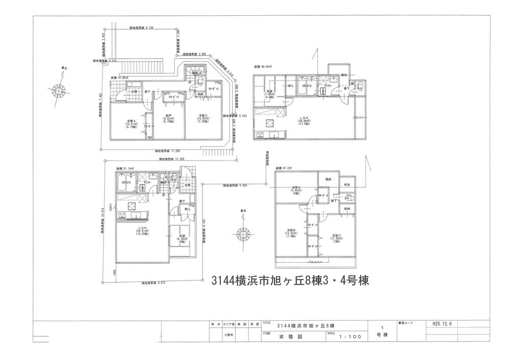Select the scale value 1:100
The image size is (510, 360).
point(349,337)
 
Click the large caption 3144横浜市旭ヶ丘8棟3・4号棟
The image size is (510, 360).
point(290,280)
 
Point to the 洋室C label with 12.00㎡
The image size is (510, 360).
point(202,118)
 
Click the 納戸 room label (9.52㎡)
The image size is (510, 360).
point(165,118)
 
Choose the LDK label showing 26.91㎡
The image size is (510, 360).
point(142,229)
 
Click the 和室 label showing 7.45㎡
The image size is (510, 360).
point(270,93)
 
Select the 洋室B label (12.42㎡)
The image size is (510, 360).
point(291,233)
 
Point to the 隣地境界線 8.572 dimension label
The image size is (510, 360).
point(156,282)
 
